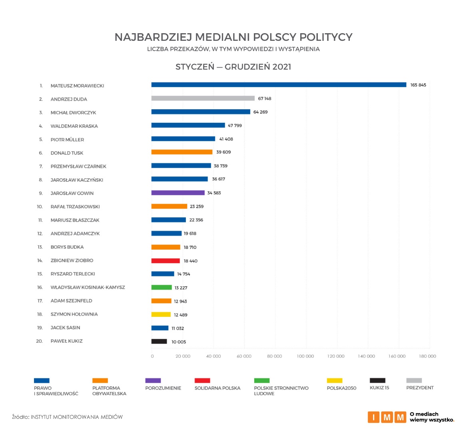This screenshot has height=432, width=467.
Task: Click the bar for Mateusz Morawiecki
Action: tap(279, 85)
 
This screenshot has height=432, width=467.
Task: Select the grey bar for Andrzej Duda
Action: tap(203, 98)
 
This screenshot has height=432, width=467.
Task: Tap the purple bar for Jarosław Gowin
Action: tap(178, 193)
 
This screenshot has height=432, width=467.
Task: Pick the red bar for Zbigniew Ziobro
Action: tap(166, 261)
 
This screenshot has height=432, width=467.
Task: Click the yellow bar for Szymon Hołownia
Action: tap(161, 314)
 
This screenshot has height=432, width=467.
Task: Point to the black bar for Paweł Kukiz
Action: tap(159, 342)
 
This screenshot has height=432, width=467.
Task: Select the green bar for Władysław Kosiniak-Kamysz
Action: tap(162, 288)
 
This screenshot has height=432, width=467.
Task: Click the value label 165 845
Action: tap(418, 85)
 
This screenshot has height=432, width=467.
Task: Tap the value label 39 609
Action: tap(224, 152)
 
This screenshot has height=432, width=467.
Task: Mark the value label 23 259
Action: tap(197, 207)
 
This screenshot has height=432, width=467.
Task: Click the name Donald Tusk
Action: tap(67, 153)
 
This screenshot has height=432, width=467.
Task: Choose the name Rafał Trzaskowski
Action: tap(75, 207)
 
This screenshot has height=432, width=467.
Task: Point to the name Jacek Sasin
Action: tap(65, 328)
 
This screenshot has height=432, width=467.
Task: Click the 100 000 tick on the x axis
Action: tap(305, 356)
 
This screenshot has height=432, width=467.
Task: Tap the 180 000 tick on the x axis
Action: tap(427, 356)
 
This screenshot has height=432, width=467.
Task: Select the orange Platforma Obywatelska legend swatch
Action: tap(100, 381)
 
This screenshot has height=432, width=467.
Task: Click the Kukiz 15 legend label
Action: tap(379, 388)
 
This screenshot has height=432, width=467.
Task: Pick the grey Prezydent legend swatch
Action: tap(414, 381)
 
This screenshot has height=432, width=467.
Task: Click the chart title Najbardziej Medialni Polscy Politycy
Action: tap(233, 37)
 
